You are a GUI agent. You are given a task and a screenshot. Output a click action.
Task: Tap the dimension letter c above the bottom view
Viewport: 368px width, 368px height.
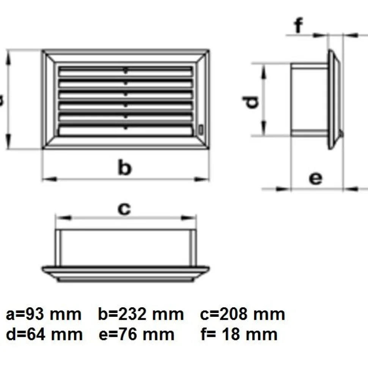tap(124, 209)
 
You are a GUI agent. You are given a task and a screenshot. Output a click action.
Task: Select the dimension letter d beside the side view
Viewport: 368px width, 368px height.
tap(251, 102)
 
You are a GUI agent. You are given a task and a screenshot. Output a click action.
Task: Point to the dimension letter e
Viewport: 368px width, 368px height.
tap(315, 178)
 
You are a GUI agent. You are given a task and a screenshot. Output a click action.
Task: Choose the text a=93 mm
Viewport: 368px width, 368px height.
tap(44, 314)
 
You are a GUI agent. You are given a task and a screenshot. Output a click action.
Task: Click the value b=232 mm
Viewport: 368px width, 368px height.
tap(141, 314)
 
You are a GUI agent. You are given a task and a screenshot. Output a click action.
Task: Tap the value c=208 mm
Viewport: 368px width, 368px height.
tap(242, 314)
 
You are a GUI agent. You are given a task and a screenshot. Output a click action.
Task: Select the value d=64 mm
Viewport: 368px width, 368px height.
tap(44, 334)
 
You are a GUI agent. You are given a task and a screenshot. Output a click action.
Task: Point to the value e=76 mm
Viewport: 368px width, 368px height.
tap(137, 334)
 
